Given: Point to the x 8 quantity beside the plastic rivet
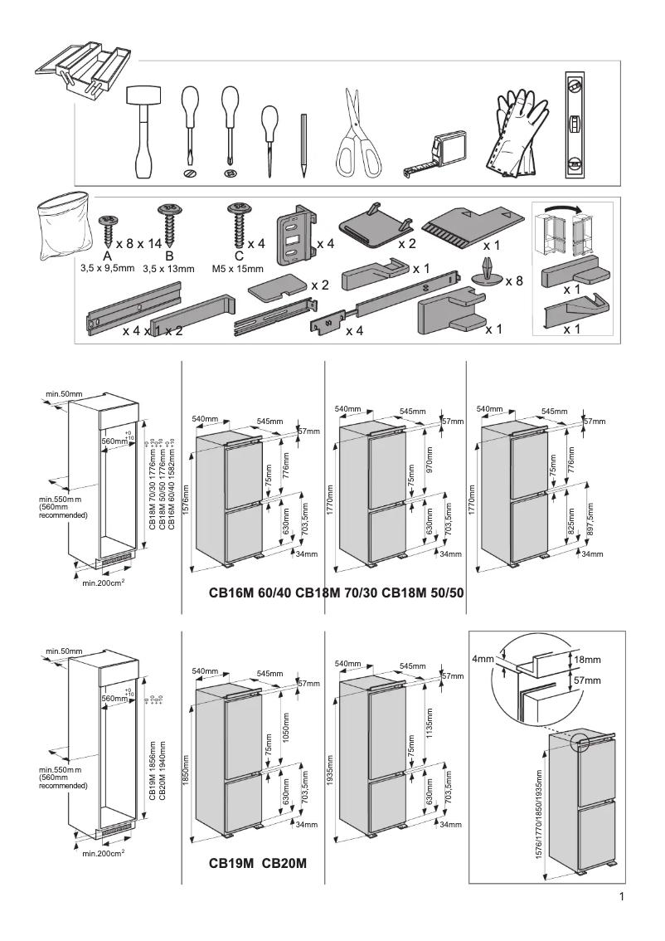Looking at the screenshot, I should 514,282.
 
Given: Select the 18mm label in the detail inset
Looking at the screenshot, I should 586,659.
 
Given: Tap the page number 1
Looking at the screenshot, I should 620,896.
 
